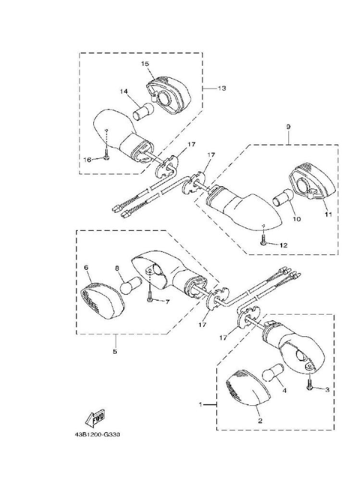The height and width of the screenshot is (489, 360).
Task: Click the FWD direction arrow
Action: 95,418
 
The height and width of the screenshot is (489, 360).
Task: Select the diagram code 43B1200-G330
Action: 97,434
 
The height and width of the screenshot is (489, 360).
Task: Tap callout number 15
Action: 145,64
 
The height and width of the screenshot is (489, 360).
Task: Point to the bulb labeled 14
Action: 143,112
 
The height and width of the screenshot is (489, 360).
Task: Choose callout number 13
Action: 221,88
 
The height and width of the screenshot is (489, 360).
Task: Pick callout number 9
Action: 288,127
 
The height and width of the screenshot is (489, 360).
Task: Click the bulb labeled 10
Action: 283,197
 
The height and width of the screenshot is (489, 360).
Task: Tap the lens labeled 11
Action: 313,183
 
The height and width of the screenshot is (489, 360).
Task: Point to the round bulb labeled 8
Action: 131,285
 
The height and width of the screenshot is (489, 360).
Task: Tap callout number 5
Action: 115,351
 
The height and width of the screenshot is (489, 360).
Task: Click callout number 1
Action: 200,404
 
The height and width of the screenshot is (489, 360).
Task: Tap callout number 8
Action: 117,268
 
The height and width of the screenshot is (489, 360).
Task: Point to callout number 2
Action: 259,421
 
